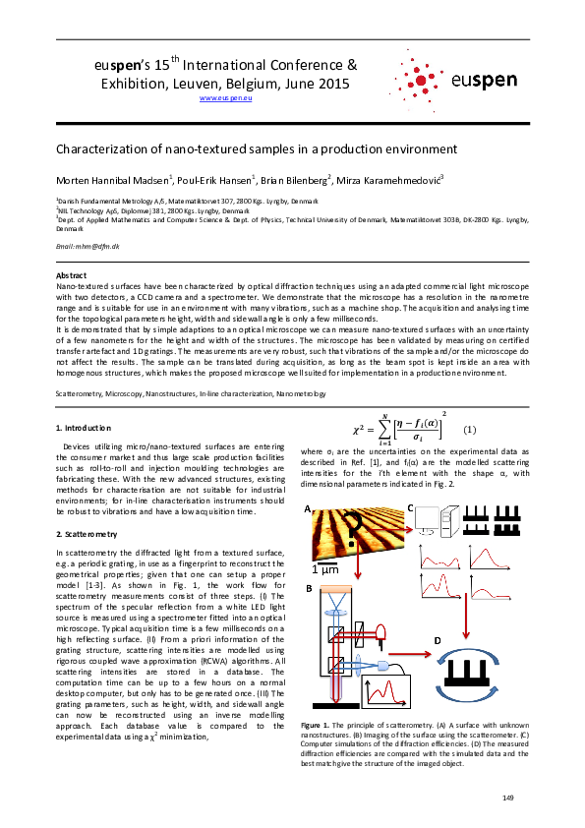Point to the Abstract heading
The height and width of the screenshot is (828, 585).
click(72, 275)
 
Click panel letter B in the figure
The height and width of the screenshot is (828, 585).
click(308, 588)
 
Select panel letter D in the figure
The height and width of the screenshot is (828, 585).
click(437, 639)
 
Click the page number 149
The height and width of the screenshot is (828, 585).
click(508, 795)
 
